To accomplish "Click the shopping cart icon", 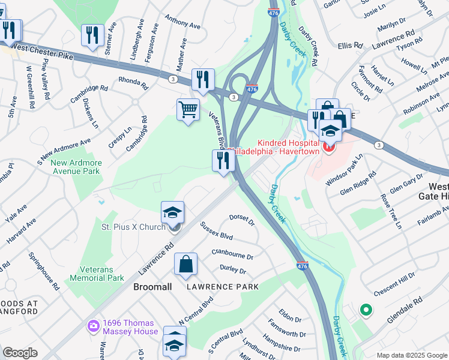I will (x=188, y=110).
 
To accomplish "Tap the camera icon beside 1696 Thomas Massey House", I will (x=93, y=326).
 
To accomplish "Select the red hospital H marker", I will (x=328, y=146).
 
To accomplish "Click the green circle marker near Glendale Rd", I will (x=364, y=310).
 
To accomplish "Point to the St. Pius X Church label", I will (x=133, y=227).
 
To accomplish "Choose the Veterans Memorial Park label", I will (x=97, y=274).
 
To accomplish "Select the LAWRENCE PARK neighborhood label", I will (x=222, y=287).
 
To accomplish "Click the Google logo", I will (x=20, y=352).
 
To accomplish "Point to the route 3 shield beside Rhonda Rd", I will (x=173, y=79).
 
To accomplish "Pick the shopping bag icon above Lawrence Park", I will (x=185, y=263).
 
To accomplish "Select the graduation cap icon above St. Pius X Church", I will (x=172, y=212).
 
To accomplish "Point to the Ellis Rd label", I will (x=351, y=45).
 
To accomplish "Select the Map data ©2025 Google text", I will (x=412, y=355).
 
